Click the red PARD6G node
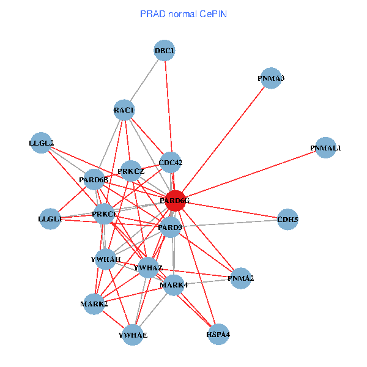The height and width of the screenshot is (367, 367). [x=175, y=201]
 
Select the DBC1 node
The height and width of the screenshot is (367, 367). [x=165, y=50]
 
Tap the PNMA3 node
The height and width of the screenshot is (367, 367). [x=270, y=78]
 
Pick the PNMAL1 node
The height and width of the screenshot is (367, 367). [x=326, y=148]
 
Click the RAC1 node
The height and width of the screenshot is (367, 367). [x=124, y=110]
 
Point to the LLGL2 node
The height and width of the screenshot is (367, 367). [x=41, y=143]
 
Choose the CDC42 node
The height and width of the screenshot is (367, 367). [x=171, y=163]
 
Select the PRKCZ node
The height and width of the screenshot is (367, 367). [x=131, y=171]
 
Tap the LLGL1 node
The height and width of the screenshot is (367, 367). [x=50, y=218]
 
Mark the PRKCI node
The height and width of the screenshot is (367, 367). [x=104, y=213]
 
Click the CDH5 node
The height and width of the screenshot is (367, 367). [x=287, y=219]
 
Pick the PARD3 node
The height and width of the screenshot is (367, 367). [x=171, y=228]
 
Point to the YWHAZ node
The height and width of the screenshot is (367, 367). [x=148, y=268]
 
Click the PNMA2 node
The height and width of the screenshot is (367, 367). [x=241, y=278]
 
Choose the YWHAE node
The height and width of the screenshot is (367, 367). [x=133, y=335]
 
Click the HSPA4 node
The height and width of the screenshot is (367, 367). [x=218, y=335]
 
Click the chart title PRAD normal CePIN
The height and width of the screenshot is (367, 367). [x=183, y=13]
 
